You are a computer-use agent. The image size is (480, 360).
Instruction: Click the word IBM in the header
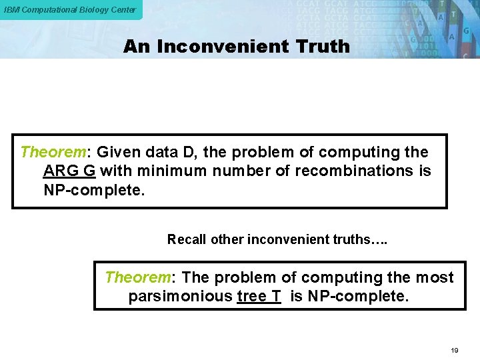[12, 9]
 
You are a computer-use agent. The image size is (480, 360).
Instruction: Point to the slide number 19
[455, 350]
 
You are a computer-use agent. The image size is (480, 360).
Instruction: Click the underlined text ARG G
[69, 171]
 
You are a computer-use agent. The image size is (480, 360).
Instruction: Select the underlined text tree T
[259, 296]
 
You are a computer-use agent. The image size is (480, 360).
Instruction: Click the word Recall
[187, 239]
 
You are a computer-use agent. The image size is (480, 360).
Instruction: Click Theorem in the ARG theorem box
[49, 152]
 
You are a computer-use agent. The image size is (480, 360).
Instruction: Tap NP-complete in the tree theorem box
[358, 296]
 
